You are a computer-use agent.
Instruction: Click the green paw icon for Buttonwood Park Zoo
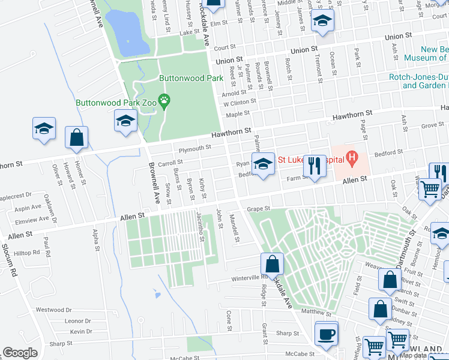pyautogui.click(x=163, y=99)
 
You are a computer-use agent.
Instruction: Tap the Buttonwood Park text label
pyautogui.click(x=186, y=78)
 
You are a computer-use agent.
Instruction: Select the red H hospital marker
pyautogui.click(x=352, y=159)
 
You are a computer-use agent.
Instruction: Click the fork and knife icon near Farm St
pyautogui.click(x=314, y=165)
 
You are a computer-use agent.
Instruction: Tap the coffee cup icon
pyautogui.click(x=326, y=334)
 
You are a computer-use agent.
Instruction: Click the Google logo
pyautogui.click(x=20, y=353)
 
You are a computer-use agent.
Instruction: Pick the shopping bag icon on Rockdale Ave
pyautogui.click(x=272, y=263)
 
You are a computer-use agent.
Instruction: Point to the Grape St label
pyautogui.click(x=260, y=209)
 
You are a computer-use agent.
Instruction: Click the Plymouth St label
pyautogui.click(x=191, y=148)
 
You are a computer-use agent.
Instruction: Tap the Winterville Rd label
pyautogui.click(x=251, y=278)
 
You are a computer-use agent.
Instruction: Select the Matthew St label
pyautogui.click(x=316, y=313)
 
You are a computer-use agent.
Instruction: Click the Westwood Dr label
pyautogui.click(x=53, y=310)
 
